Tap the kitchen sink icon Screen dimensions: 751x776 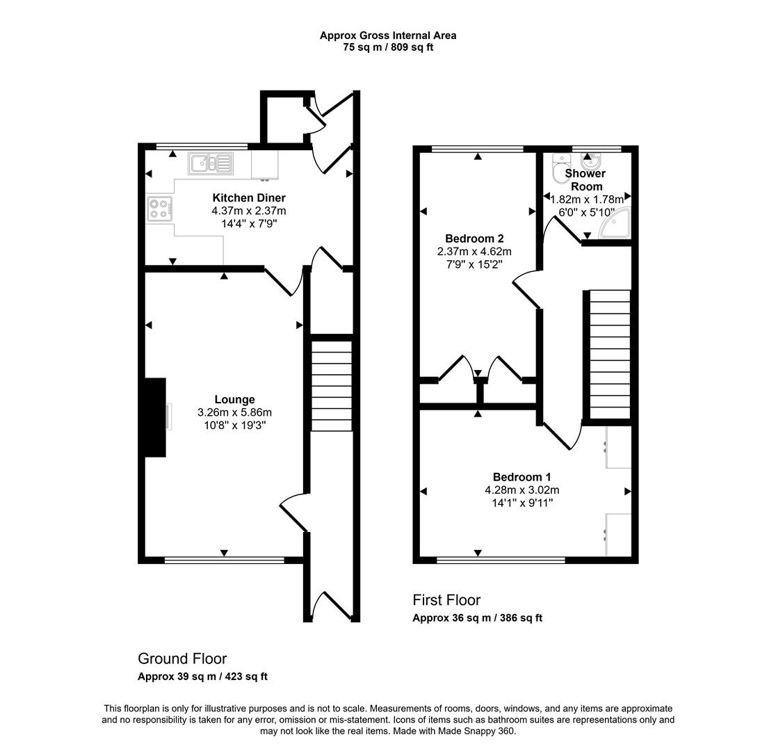tap(209, 164)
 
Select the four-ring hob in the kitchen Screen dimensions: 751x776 tap(159, 209)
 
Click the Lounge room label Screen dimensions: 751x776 tap(234, 399)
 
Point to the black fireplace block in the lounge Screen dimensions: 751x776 tap(155, 417)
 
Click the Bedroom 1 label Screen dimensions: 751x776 tap(522, 477)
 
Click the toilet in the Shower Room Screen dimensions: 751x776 tap(560, 168)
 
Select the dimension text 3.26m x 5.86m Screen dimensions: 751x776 tap(234, 412)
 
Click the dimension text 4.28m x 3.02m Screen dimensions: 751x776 tap(522, 490)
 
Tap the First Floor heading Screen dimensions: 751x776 tap(446, 600)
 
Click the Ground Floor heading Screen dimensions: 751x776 tap(182, 659)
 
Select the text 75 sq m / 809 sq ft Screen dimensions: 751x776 tap(388, 47)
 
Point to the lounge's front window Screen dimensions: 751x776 tap(224, 560)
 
